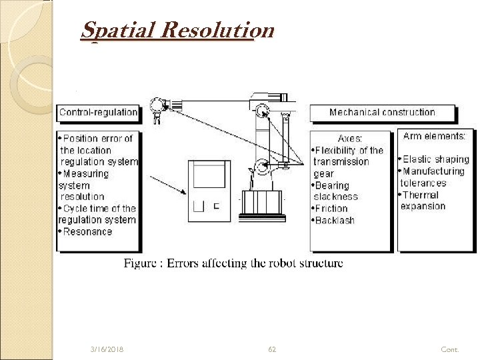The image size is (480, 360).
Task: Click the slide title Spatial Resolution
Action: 177,31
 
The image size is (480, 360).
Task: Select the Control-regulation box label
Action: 98,112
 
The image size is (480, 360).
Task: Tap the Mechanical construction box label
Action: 382,112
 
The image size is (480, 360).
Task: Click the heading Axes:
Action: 350,139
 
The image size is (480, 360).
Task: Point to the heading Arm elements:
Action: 434,136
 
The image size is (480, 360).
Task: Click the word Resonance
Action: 88,231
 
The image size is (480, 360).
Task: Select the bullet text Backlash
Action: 335,220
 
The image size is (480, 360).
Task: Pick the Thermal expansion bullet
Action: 422,201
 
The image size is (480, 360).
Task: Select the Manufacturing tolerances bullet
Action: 433,177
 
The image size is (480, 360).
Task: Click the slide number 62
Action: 272,349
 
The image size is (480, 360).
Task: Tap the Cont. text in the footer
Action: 450,349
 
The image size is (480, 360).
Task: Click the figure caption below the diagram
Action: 233,263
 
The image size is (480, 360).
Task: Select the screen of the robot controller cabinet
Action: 208,176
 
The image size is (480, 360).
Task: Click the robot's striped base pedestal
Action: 261,201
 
